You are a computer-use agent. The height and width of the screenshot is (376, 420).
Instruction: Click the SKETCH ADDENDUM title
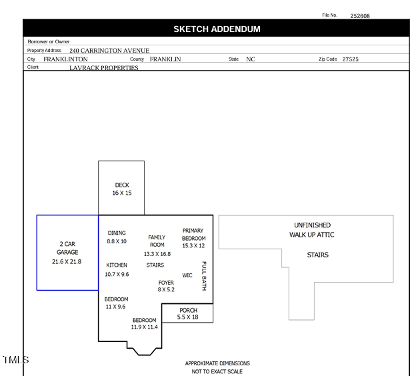tap(217, 29)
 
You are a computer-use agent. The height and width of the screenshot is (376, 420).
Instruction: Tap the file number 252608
tap(360, 15)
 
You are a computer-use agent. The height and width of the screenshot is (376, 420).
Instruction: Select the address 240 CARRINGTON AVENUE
tap(109, 51)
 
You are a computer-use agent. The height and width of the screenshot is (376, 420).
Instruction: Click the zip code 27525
tap(350, 59)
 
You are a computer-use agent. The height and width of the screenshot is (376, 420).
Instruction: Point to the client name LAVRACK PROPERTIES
tap(103, 68)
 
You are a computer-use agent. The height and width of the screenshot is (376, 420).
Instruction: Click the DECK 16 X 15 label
tap(122, 189)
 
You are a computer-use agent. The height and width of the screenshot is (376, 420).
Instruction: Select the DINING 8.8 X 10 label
tap(117, 237)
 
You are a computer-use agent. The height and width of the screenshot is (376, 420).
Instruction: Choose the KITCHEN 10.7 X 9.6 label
tap(117, 269)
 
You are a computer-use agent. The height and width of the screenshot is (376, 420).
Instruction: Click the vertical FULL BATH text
tap(204, 276)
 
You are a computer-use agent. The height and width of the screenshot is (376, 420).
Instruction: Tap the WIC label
tap(187, 275)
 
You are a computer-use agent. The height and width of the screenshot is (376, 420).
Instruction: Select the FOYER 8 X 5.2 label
tap(166, 286)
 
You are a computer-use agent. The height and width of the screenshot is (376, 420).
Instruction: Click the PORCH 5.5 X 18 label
tap(188, 313)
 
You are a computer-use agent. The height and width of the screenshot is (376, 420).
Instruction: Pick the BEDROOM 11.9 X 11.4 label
tap(144, 323)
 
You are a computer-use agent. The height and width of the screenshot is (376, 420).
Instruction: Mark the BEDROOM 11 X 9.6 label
tap(116, 303)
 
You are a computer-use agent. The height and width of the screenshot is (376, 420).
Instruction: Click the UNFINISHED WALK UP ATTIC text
tap(312, 230)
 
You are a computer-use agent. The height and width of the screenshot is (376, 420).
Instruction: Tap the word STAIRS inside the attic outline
tap(317, 255)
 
